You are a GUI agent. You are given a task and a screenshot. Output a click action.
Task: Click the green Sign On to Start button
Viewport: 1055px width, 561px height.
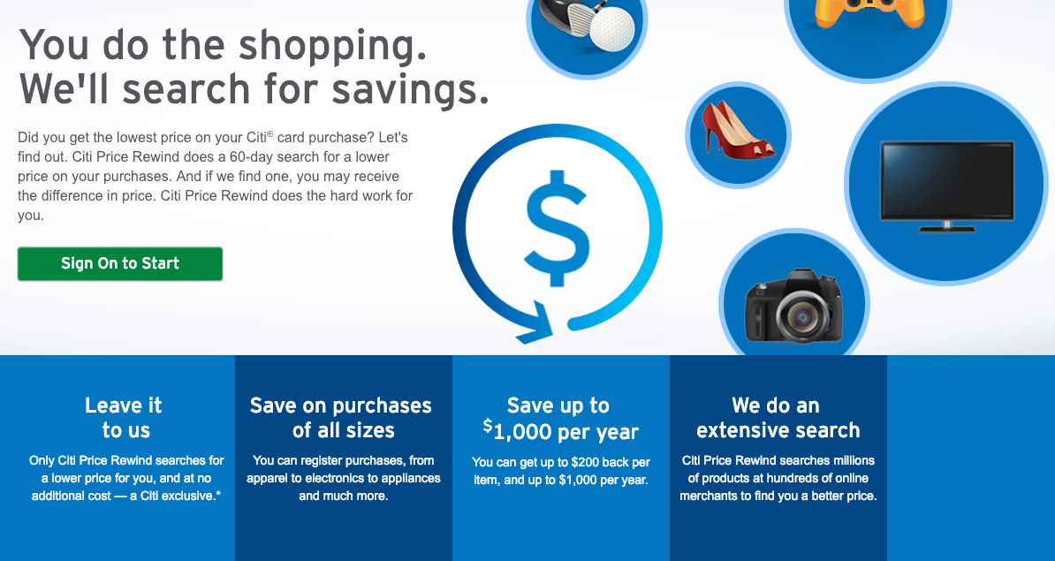120,263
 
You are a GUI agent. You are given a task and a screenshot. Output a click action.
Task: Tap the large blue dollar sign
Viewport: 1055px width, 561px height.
558,229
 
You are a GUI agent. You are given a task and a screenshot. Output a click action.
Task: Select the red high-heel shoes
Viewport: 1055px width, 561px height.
738,130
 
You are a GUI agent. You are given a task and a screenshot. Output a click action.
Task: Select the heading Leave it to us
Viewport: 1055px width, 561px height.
125,418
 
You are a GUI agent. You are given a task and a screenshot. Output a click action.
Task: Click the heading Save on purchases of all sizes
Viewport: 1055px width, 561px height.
341,418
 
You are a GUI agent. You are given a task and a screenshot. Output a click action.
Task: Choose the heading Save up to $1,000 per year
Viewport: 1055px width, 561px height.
560,419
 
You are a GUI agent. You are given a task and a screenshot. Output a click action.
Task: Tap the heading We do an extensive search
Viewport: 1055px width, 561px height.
778,418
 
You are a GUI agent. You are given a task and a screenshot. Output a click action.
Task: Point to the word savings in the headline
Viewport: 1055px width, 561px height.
411,89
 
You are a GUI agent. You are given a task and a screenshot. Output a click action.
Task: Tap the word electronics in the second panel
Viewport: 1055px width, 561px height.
331,478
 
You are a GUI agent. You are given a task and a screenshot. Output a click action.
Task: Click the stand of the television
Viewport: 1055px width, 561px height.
946,226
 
